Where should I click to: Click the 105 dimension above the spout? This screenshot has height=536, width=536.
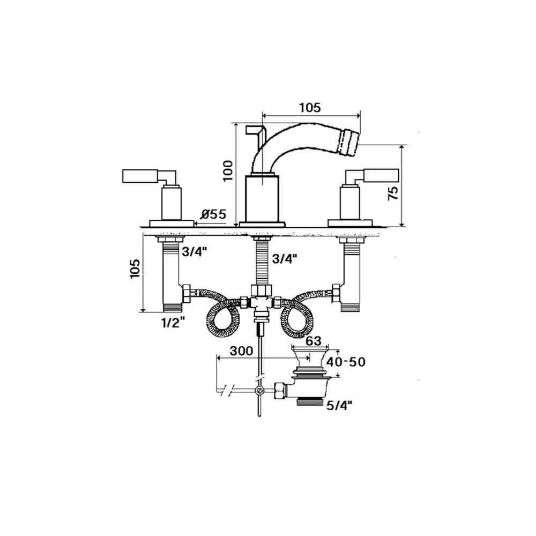click(x=310, y=108)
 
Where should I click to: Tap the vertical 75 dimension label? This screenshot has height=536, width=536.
click(x=393, y=193)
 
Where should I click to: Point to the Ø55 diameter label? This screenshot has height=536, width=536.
click(x=214, y=214)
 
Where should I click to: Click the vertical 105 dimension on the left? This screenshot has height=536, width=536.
click(x=135, y=269)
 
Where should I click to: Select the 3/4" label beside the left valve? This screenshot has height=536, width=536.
click(x=194, y=252)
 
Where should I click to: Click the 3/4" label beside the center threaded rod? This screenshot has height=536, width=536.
click(x=285, y=259)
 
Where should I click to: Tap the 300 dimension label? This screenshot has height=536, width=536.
click(x=241, y=351)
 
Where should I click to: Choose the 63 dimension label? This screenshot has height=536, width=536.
click(x=314, y=341)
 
